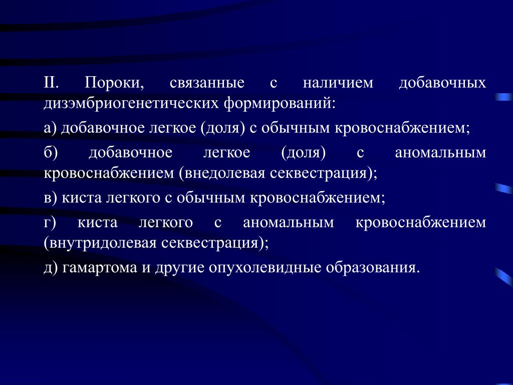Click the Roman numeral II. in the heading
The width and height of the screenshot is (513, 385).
(x=52, y=83)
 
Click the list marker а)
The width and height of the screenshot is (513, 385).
(x=50, y=128)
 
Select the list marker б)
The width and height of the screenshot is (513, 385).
(x=51, y=152)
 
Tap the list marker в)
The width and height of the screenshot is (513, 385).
(x=51, y=198)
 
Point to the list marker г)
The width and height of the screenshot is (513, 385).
(x=50, y=223)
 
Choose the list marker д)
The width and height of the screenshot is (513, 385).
(x=51, y=268)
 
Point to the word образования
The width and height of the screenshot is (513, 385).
(x=372, y=268)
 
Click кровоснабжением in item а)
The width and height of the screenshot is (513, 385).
(x=402, y=128)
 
